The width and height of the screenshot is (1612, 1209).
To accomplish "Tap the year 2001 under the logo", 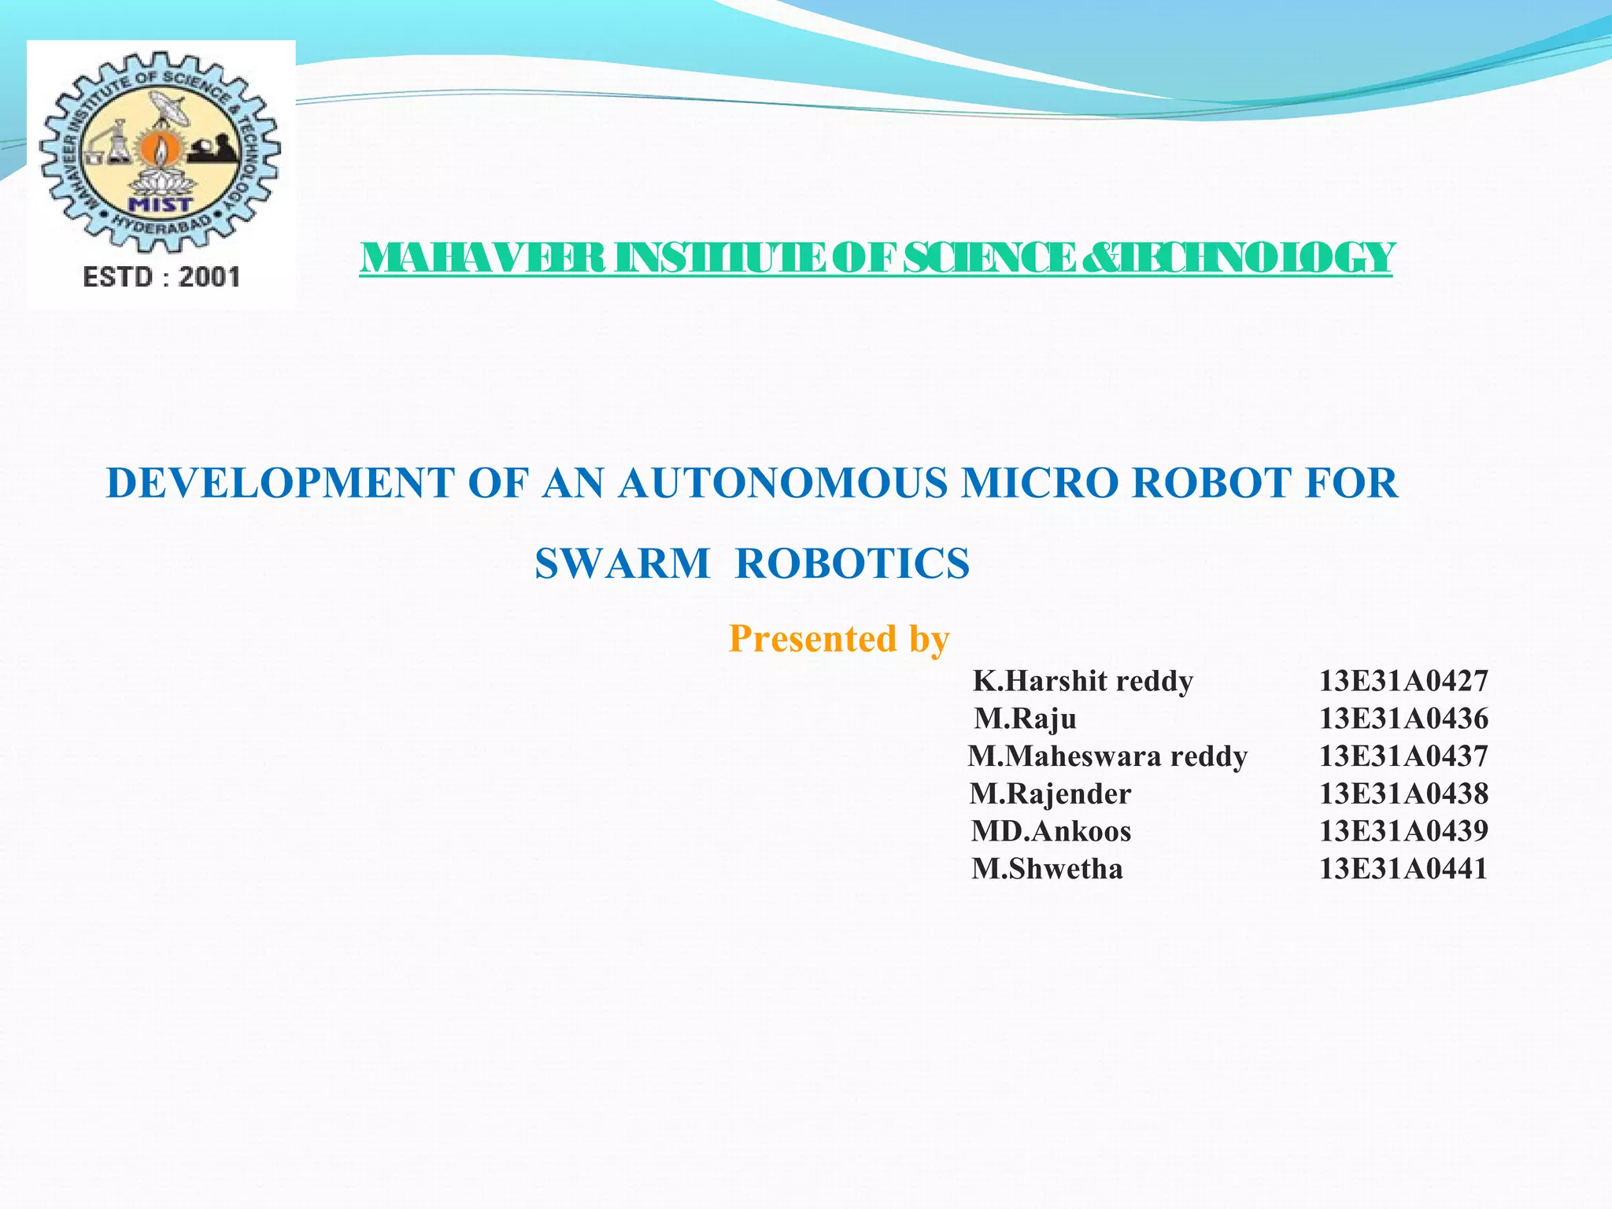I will point(209,277).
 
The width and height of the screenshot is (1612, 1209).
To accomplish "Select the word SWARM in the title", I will point(623,564).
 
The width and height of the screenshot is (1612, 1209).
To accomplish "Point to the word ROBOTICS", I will point(852,564).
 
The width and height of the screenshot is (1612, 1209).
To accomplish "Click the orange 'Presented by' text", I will point(839,638).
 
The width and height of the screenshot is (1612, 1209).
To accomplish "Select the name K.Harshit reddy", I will point(1083,681).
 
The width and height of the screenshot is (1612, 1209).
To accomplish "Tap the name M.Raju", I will point(1026,719).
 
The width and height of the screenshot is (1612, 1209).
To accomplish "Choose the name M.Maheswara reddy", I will point(1107,756).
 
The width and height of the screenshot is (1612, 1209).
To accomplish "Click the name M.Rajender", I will point(1050,793).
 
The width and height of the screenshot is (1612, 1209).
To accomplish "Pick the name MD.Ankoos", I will point(1051,831).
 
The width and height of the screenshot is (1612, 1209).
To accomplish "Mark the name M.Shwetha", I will point(1047,869).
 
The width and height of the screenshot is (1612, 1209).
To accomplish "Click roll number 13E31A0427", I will point(1403,681).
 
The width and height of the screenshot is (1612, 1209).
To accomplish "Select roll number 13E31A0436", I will point(1403,719).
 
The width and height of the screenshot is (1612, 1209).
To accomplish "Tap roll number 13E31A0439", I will point(1403,831).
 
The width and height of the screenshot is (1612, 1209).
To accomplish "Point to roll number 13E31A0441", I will point(1403,869).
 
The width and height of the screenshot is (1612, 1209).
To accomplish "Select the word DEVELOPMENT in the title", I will point(280,482).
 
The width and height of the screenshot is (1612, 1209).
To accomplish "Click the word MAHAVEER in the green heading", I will point(482,258).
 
